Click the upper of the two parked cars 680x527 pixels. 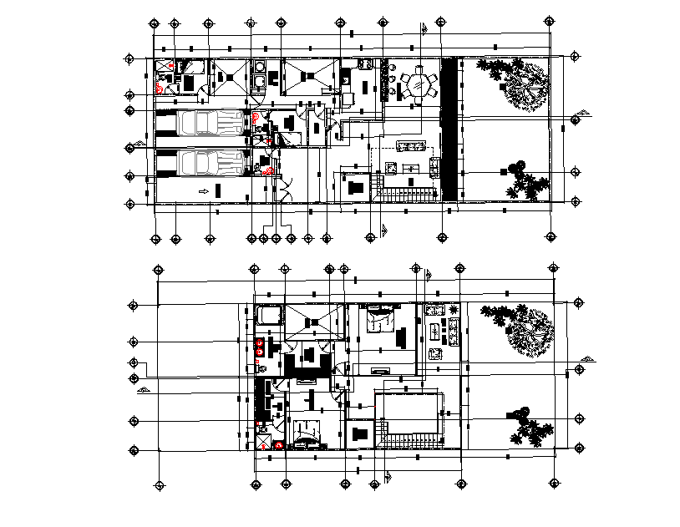point(209,123)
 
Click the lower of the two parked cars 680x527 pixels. point(209,163)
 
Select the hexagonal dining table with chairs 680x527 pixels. point(418,85)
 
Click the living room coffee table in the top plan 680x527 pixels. point(411,170)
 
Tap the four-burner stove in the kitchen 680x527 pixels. point(364,63)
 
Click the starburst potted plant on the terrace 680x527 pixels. point(453,312)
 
